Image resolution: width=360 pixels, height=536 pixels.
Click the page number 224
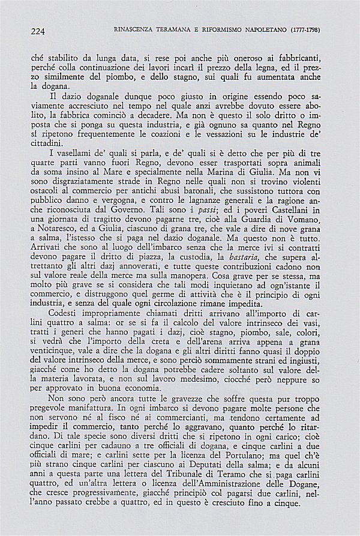pos(37,29)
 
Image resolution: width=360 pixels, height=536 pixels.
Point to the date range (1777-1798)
pos(314,29)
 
